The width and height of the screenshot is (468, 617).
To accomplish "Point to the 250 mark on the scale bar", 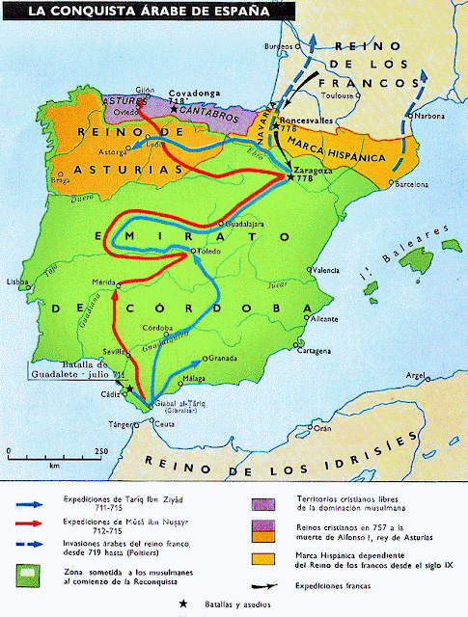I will click(100, 450).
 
